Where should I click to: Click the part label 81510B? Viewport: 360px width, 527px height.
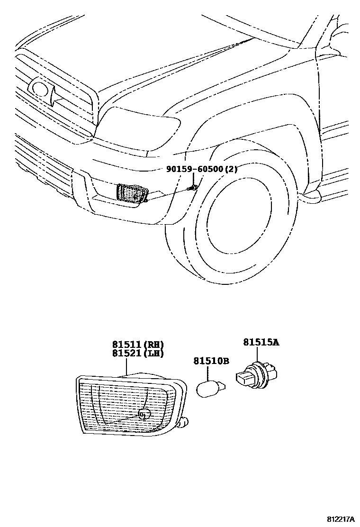(x=211, y=361)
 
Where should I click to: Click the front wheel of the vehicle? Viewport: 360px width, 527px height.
(x=246, y=223)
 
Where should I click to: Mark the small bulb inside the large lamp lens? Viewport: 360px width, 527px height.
(x=144, y=414)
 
